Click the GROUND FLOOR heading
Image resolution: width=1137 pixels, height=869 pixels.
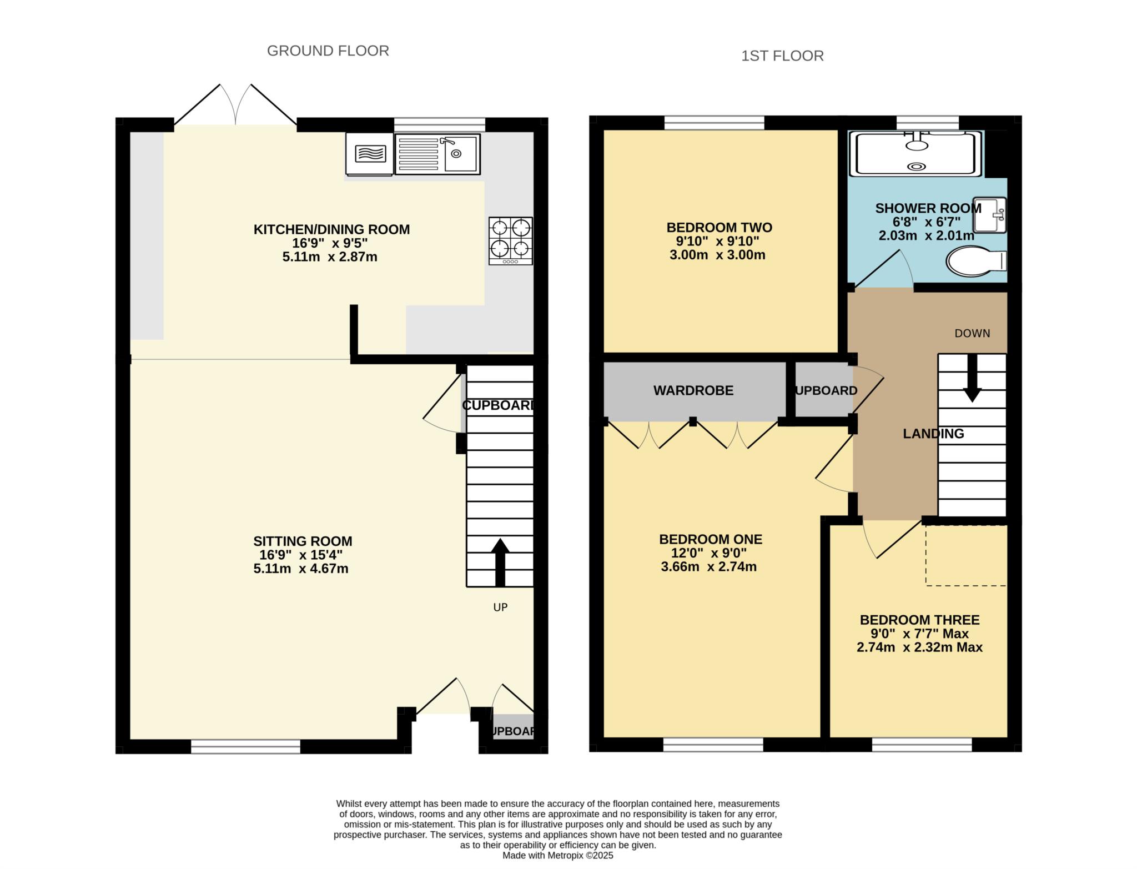[328, 51]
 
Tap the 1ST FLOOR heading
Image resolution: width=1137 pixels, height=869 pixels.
[782, 56]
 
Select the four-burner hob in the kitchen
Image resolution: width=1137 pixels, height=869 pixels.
[510, 240]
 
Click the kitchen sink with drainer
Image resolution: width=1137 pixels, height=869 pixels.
[437, 154]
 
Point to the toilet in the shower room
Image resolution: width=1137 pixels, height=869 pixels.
[975, 261]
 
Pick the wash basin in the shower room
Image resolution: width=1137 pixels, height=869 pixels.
[990, 215]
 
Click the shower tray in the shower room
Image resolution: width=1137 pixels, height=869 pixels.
[916, 154]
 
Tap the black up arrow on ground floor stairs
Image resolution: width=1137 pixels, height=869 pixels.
[500, 562]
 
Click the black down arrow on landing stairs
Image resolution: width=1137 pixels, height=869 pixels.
[972, 378]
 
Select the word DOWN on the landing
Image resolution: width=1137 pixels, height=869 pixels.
[972, 333]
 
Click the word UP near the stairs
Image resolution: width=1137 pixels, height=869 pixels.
[500, 607]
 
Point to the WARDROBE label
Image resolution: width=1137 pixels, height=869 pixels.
[693, 390]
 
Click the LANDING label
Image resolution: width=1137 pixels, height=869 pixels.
[933, 434]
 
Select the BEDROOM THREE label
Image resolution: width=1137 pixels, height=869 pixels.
[919, 620]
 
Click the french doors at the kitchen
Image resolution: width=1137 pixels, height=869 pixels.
[236, 106]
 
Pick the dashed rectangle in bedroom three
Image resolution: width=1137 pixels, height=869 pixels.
[965, 555]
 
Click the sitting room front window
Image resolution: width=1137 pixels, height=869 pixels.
[245, 746]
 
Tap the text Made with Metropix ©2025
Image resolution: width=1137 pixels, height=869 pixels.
[557, 856]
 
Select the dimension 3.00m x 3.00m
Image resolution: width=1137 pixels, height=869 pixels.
[717, 255]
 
